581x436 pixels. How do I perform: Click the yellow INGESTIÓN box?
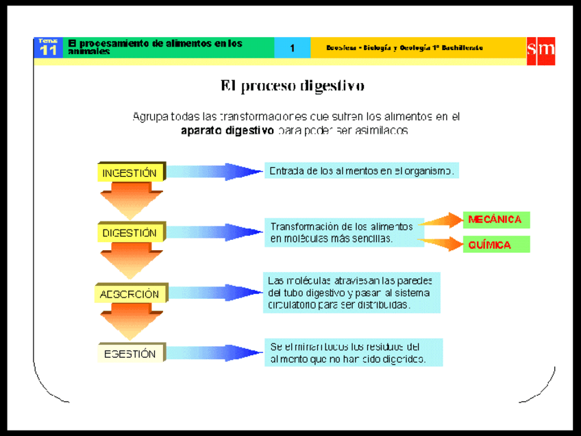tap(130, 173)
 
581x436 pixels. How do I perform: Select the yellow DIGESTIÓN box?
tap(130, 233)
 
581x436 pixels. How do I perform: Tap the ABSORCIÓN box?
tap(130, 294)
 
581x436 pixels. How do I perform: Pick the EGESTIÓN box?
tap(130, 354)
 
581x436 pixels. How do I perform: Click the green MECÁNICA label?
tap(495, 220)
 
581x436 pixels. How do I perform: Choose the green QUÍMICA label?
tap(495, 245)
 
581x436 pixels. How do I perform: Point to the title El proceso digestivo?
tap(292, 86)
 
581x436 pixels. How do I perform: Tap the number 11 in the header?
tap(49, 51)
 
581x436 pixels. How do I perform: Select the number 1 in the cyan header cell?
tap(293, 48)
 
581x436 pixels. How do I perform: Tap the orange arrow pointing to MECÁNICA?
tap(442, 220)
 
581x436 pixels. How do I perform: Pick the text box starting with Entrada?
tap(361, 171)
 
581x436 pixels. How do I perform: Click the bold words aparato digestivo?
tap(227, 130)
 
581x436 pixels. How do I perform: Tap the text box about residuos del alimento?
tap(353, 352)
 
